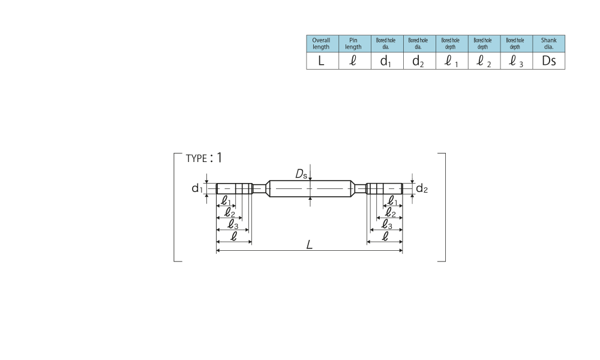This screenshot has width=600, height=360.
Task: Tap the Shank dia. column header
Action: click(549, 44)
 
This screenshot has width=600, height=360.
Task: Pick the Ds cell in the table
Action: click(549, 61)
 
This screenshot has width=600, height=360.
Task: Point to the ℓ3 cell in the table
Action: click(517, 61)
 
